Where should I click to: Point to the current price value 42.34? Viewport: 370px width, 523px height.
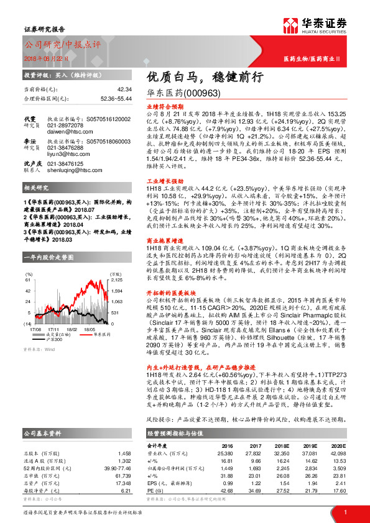124,90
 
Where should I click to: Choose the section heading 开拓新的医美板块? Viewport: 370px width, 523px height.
169,275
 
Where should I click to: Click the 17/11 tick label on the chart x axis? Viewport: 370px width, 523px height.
53,330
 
